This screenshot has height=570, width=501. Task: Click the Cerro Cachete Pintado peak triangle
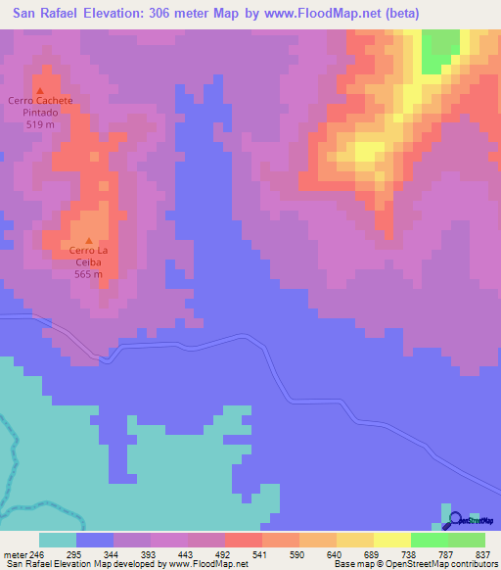click(40, 90)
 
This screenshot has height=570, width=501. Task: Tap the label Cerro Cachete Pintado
click(40, 107)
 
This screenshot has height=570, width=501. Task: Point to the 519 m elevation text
click(40, 125)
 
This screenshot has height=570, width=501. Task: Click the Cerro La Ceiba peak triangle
click(89, 240)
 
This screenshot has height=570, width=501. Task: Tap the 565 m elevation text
click(89, 273)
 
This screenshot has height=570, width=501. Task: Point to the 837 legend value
click(483, 554)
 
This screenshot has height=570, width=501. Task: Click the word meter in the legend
click(15, 554)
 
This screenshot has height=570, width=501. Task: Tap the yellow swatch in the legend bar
click(391, 540)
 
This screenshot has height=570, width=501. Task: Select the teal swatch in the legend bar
click(57, 540)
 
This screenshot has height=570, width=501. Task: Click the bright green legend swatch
click(429, 540)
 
